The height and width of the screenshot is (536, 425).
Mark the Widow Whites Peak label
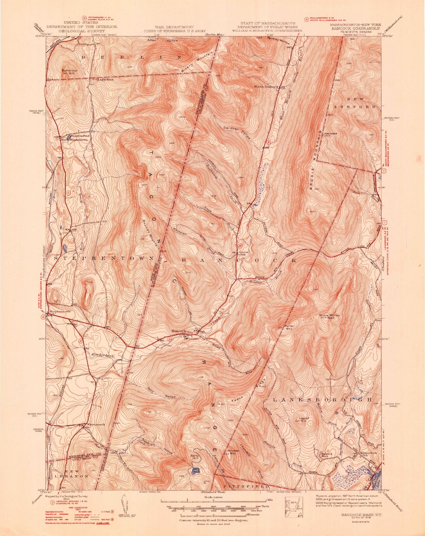(329, 316)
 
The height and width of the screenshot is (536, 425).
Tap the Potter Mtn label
(289, 327)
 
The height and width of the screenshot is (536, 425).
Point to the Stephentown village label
(60, 311)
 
